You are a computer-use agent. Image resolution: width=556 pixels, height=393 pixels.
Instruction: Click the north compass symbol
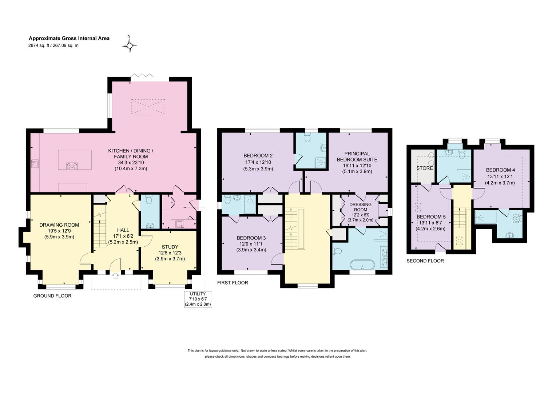(129, 45)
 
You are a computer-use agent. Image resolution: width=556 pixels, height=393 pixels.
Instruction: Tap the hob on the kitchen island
(72, 166)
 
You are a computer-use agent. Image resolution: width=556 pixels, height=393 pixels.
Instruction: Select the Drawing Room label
(59, 225)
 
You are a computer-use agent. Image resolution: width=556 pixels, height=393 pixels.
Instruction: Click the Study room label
(170, 247)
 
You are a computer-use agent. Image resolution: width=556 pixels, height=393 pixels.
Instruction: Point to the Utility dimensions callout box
(198, 299)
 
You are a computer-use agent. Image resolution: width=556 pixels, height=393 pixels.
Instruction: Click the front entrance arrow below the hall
(115, 275)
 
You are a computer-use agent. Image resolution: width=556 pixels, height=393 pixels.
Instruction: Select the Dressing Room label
(360, 207)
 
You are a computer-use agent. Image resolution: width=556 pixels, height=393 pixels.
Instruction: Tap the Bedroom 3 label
(251, 238)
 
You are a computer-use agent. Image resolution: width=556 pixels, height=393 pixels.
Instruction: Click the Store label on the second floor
(425, 168)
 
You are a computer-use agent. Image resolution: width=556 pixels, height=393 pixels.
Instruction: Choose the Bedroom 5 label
(431, 217)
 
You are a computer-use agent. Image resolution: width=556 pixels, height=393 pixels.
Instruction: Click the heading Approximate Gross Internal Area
(69, 39)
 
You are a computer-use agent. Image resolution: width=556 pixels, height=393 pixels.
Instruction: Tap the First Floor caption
(233, 282)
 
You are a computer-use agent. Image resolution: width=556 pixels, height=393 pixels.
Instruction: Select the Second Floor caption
(425, 261)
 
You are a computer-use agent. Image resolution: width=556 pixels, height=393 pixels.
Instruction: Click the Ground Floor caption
(52, 296)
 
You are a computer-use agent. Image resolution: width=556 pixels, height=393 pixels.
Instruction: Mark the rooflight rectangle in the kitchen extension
(148, 107)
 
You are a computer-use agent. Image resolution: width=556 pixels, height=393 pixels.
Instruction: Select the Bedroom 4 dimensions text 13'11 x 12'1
(500, 176)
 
